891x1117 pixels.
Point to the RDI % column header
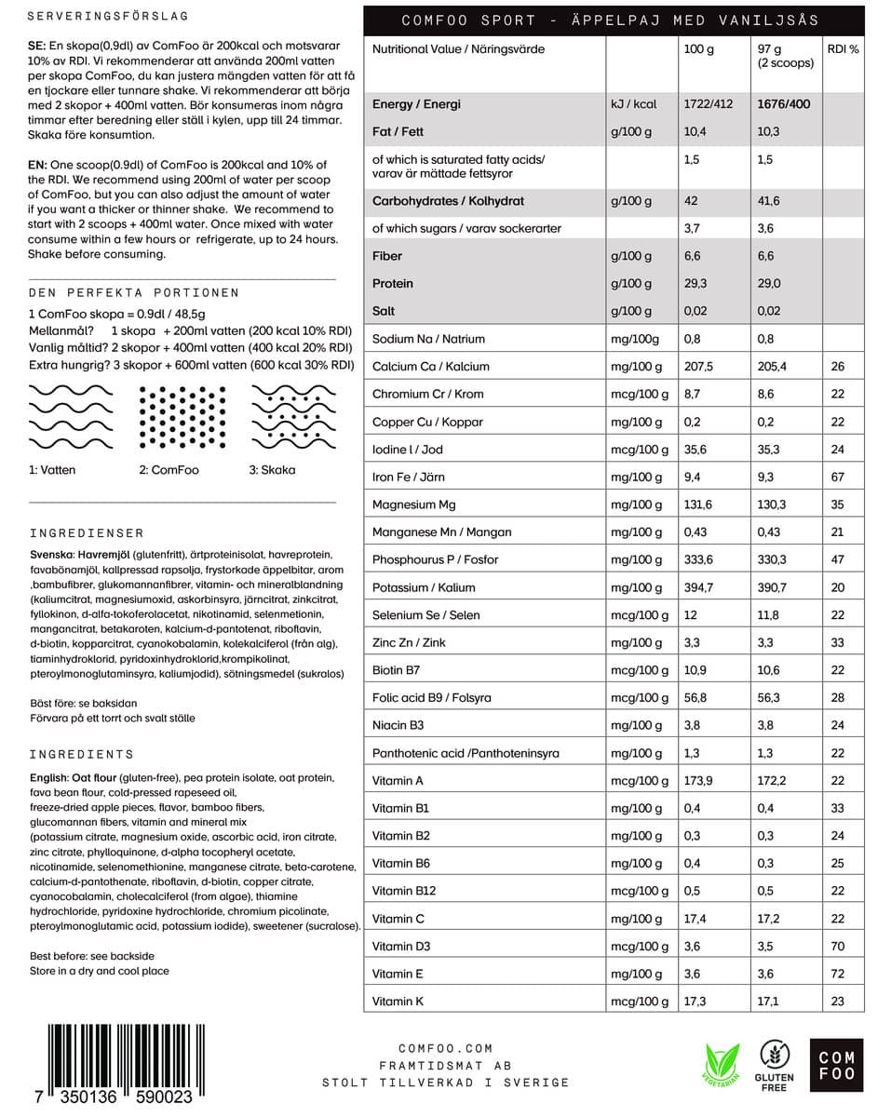[843, 48]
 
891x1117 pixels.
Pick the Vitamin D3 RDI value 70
[838, 947]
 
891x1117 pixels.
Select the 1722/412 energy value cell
[708, 104]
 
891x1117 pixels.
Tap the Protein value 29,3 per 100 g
[695, 284]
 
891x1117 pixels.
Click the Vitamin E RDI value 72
[838, 975]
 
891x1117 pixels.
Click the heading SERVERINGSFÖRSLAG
[108, 17]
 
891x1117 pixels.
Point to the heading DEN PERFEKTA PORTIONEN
[134, 293]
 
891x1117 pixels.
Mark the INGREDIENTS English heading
[82, 754]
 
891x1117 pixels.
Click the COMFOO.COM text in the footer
[446, 1049]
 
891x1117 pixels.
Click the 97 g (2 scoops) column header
[785, 56]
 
